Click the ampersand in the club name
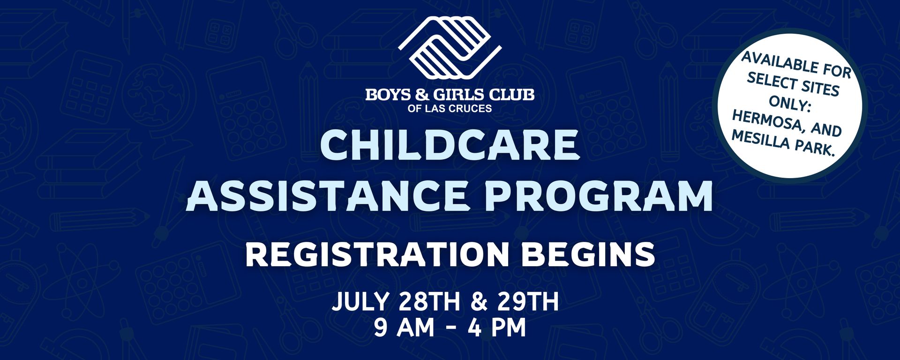click(422, 95)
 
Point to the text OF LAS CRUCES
click(450, 109)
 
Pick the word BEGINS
click(588, 255)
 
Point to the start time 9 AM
click(404, 328)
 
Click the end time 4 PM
click(497, 328)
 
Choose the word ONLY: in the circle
click(790, 103)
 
